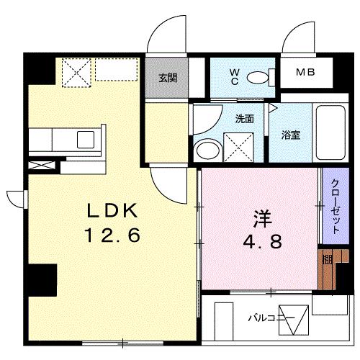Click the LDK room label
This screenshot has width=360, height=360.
click(112, 210)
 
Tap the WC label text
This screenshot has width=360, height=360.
click(235, 76)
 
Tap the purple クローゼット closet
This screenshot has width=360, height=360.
click(333, 204)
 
